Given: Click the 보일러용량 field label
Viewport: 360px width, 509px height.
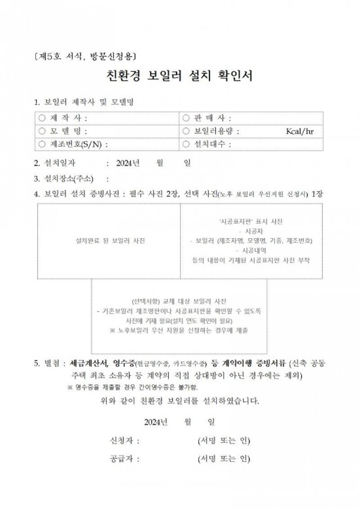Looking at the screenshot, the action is pyautogui.click(x=215, y=132).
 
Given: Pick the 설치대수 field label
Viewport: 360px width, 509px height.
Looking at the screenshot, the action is pyautogui.click(x=212, y=145).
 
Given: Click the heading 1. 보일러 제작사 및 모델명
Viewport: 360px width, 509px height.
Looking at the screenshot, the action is pyautogui.click(x=84, y=103).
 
